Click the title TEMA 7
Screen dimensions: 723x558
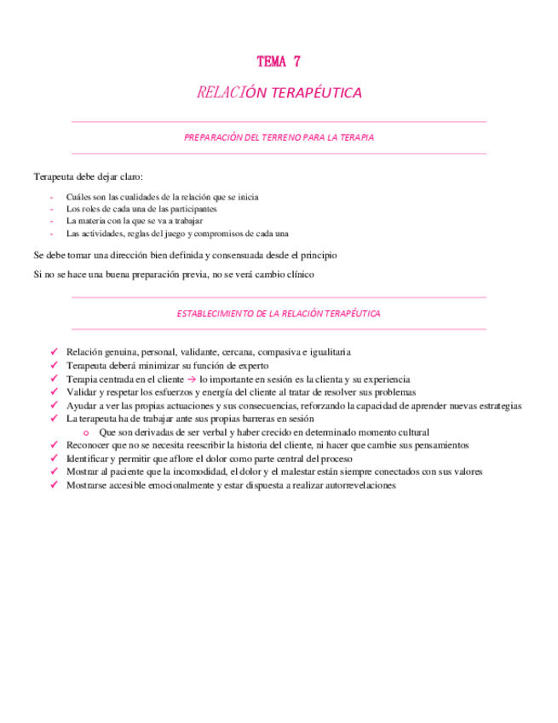point(278,61)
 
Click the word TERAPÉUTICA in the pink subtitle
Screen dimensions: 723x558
point(321,92)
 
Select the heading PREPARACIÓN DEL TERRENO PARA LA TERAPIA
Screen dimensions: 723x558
point(279,136)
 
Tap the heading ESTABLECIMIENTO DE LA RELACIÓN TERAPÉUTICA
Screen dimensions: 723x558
point(279,314)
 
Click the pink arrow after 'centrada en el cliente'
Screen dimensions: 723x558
point(193,379)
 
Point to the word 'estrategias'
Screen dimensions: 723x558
point(496,406)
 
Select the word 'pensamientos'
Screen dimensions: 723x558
point(434,445)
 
